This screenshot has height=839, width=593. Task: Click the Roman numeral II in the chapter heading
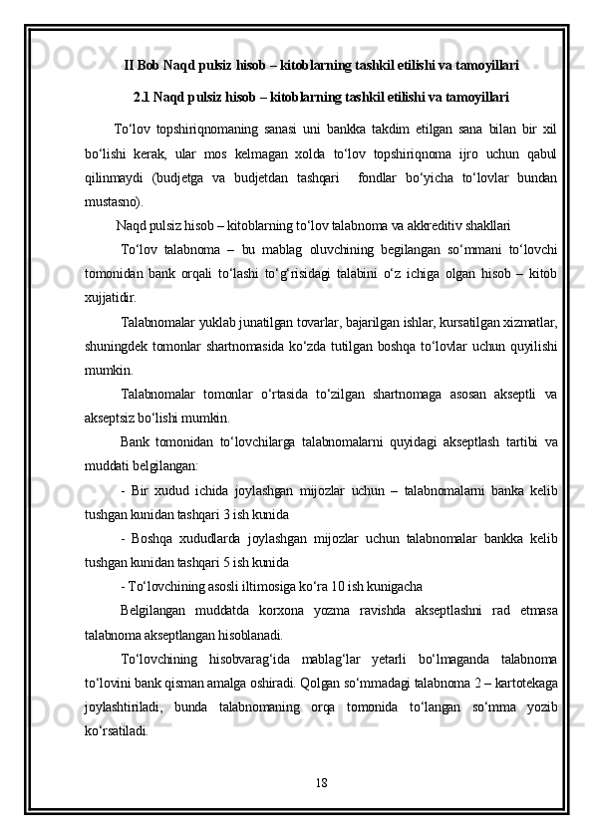130,66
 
